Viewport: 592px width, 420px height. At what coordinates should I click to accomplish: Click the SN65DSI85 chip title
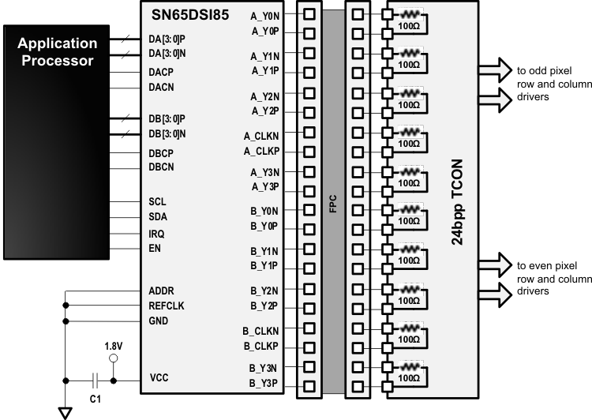[189, 14]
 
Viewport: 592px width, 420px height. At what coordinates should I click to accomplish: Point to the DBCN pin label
[162, 167]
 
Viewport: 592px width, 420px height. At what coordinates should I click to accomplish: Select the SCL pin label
[158, 201]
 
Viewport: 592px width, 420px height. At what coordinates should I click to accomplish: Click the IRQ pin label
[158, 234]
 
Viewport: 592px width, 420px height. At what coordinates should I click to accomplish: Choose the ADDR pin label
[162, 290]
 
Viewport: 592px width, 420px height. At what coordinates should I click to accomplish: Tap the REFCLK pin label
[167, 306]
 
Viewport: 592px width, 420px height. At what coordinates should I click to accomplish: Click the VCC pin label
[159, 379]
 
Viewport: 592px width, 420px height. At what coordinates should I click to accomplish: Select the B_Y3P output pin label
[264, 384]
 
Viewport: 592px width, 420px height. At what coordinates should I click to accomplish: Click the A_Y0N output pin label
[264, 15]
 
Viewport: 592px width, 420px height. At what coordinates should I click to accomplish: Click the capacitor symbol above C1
[95, 380]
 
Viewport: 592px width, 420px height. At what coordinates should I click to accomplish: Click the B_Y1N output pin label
[264, 250]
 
